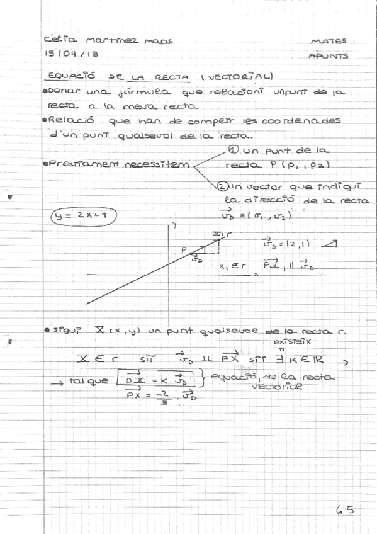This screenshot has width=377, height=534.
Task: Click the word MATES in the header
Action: pyautogui.click(x=325, y=42)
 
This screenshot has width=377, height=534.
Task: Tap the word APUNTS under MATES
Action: pyautogui.click(x=328, y=55)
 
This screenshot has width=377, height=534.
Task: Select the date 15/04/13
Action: pyautogui.click(x=72, y=55)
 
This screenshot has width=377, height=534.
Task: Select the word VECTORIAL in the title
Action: pyautogui.click(x=243, y=76)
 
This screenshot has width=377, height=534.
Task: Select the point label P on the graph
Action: pyautogui.click(x=184, y=251)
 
